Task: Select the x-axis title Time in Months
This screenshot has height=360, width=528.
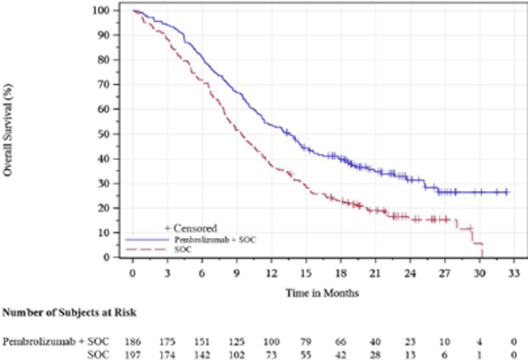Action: coord(322,292)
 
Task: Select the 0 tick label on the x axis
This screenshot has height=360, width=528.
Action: coord(133,272)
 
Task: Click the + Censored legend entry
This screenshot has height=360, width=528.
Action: coord(190,228)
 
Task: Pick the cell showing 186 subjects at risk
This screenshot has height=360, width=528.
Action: coord(132,341)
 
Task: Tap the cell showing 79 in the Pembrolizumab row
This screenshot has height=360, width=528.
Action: coord(305,341)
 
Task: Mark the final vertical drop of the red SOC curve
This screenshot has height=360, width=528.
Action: coord(481,250)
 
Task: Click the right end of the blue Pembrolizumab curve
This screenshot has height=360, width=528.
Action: coord(509,192)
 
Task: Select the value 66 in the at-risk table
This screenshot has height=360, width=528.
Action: coord(340,341)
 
